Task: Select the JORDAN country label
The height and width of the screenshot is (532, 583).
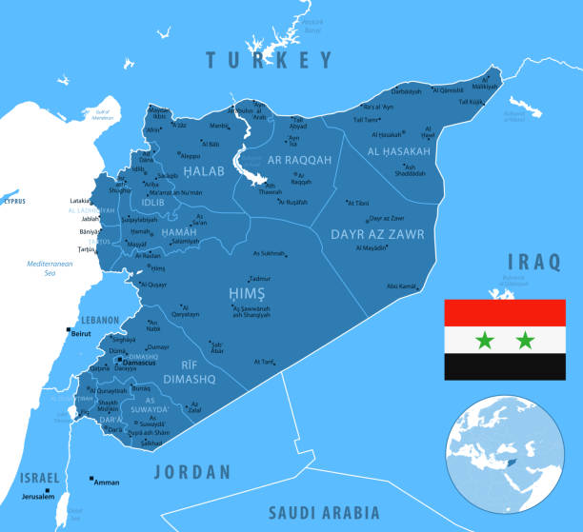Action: tap(192, 471)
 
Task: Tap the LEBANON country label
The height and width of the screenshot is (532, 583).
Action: tap(98, 320)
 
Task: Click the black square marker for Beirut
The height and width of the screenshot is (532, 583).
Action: tap(68, 331)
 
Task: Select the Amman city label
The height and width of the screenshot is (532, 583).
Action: tap(107, 483)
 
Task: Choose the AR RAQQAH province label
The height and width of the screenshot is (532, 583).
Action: tap(298, 161)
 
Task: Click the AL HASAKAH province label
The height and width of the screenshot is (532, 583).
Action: tap(399, 151)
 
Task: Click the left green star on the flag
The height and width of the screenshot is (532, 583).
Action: tap(484, 340)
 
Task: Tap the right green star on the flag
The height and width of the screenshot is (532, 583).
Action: tap(525, 340)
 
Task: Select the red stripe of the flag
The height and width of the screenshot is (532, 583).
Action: tap(504, 312)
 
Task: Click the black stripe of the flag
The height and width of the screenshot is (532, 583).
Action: tap(504, 367)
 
